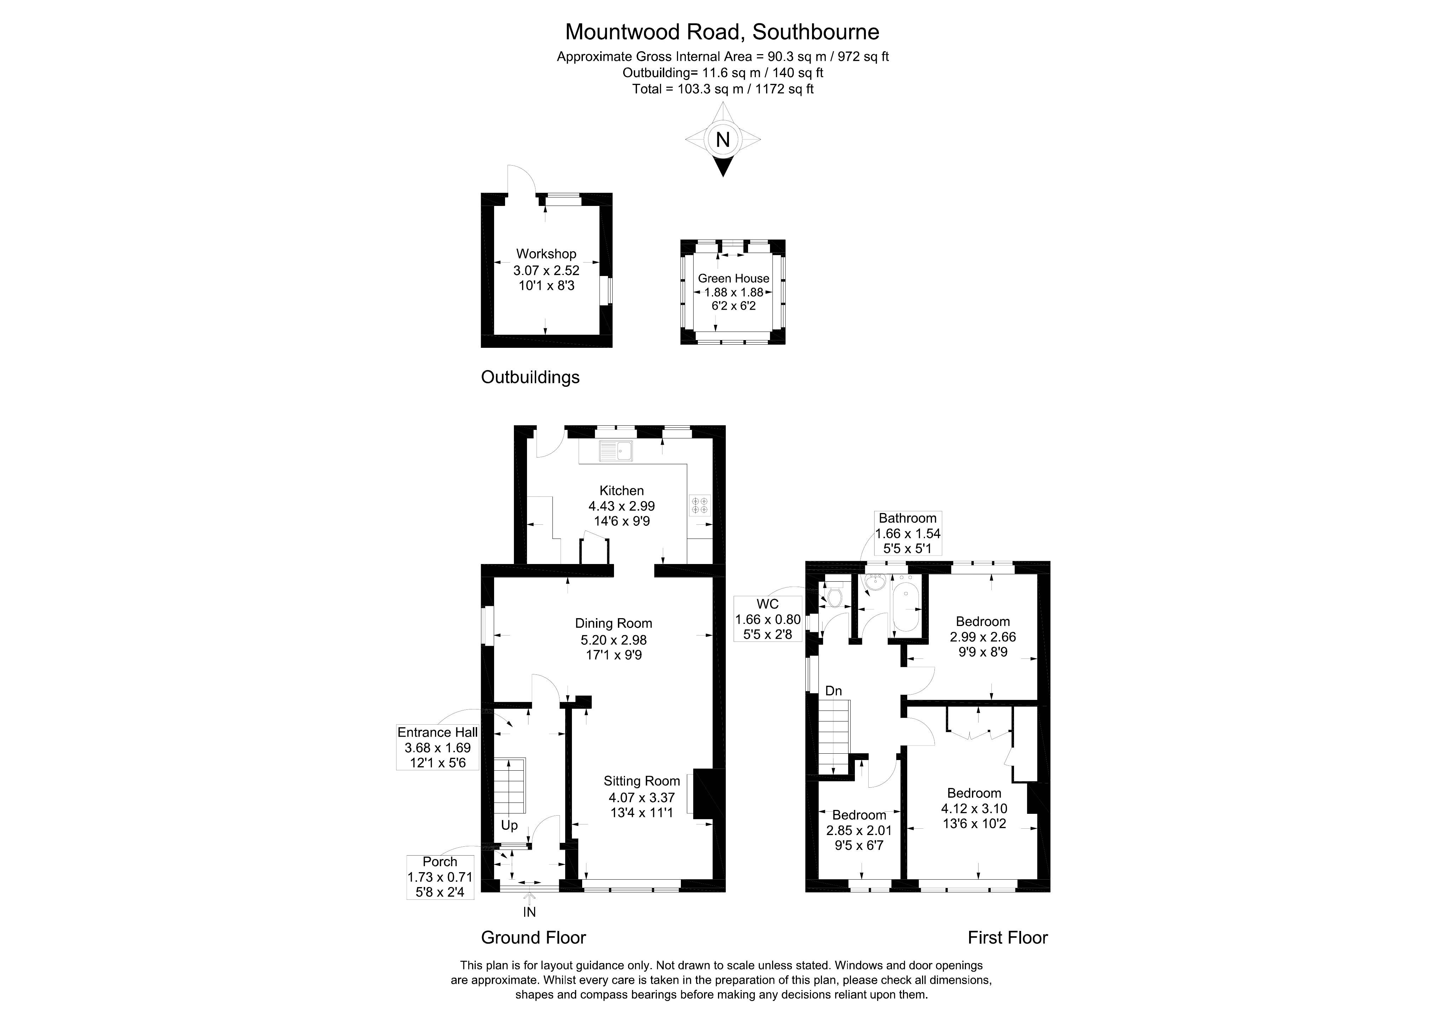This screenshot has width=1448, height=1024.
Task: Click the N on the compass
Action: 723,139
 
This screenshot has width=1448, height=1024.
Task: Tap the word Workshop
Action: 546,254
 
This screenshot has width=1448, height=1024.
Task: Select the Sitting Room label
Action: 641,781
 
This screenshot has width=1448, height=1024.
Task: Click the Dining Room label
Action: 613,623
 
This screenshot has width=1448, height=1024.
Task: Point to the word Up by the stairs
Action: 509,825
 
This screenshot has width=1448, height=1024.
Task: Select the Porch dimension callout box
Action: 440,877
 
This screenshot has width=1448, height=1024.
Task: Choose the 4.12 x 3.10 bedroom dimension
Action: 974,808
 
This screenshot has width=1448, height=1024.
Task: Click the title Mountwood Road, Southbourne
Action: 722,31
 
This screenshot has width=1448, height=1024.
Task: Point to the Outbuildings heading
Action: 530,377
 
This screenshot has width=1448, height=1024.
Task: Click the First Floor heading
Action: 1007,938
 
